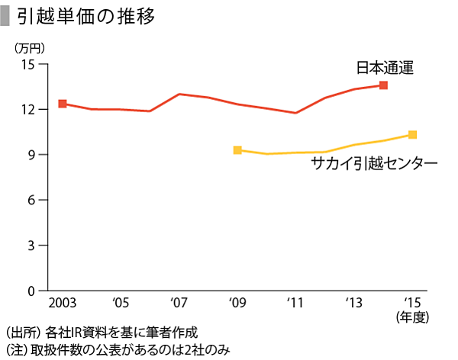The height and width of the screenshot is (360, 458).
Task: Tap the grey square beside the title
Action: (x=6, y=17)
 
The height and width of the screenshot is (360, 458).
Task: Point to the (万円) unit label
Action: (x=29, y=47)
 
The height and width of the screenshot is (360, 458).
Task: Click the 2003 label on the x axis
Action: (x=62, y=303)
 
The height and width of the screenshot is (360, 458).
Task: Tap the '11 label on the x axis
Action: (x=295, y=303)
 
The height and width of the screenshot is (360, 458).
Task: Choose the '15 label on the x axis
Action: (x=412, y=303)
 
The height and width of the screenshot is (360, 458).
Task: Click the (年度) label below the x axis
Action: (x=412, y=317)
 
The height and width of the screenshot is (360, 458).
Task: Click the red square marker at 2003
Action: (x=63, y=104)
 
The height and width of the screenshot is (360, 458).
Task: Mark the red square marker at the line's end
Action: (x=383, y=85)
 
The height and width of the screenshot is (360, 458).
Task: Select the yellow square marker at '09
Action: (x=237, y=150)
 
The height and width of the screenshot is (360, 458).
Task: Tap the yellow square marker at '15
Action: (x=412, y=135)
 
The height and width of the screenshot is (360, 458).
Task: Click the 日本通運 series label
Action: (x=385, y=68)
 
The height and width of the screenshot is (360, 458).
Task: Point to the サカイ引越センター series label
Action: (x=374, y=164)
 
